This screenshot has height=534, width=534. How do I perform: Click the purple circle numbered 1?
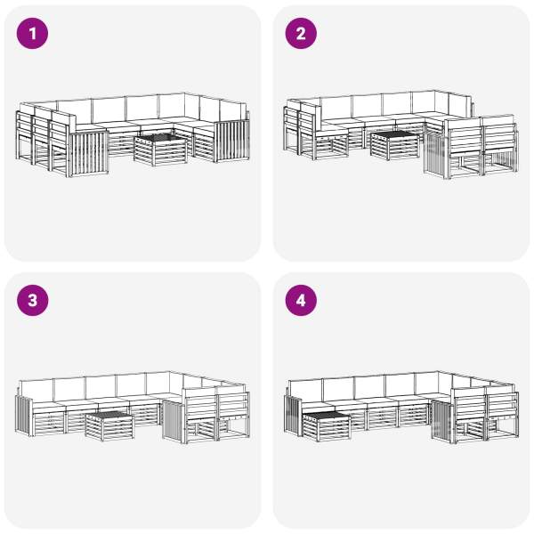32,34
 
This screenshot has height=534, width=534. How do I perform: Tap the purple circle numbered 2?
301,34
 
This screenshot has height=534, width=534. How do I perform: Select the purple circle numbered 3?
32,301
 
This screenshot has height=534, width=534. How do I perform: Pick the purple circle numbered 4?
301,301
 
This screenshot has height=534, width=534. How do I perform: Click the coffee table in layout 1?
160,150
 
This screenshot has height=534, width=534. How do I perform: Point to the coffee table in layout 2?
395,145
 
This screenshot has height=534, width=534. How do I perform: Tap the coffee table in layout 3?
109,425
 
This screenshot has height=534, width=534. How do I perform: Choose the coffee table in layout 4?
327,425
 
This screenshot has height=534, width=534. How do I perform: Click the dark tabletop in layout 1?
160,140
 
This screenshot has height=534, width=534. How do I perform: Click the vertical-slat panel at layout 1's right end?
232,141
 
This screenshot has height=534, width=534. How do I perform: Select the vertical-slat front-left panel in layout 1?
88,154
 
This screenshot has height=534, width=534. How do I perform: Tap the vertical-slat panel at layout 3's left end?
24,415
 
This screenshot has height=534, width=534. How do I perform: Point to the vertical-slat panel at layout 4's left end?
293,415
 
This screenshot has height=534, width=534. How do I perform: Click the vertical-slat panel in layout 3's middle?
174,421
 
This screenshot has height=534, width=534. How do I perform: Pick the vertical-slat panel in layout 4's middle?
442,422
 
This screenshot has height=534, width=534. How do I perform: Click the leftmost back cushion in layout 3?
37,391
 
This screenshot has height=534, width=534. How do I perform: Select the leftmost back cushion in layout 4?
305,391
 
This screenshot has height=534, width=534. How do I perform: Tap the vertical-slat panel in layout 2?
436,155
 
